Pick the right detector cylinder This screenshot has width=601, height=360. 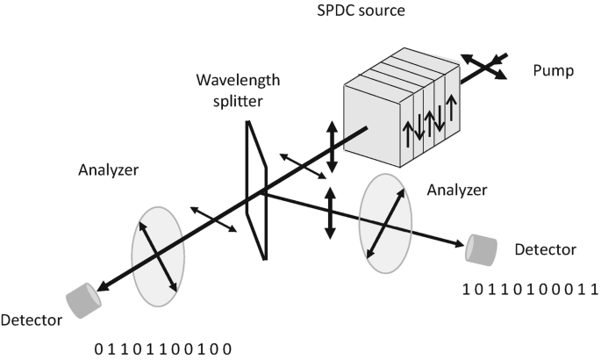click(x=483, y=249)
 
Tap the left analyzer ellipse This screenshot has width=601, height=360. click(x=158, y=250)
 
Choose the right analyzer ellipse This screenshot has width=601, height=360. click(x=386, y=223)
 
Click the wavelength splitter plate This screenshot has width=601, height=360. click(x=254, y=193)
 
